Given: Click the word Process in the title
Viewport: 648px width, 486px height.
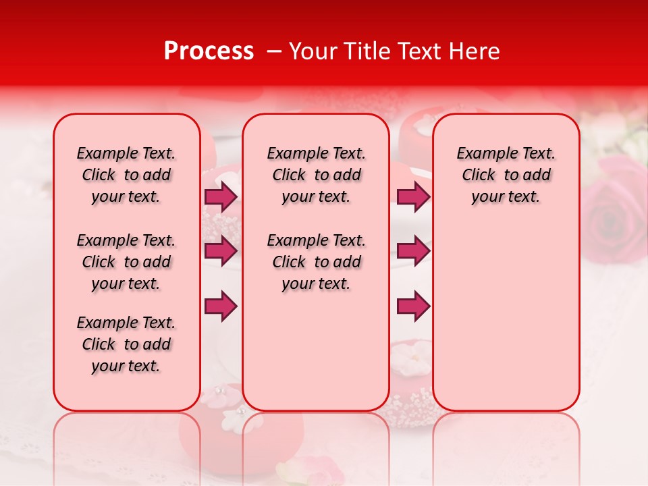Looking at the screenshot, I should pyautogui.click(x=208, y=51).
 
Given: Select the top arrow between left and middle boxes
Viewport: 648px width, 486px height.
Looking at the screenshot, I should pyautogui.click(x=220, y=197).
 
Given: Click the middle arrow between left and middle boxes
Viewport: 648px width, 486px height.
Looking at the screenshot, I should pyautogui.click(x=220, y=251).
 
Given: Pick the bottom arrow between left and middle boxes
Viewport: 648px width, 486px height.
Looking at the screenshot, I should pyautogui.click(x=220, y=306).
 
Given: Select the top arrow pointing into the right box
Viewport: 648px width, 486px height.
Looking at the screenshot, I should pyautogui.click(x=413, y=197).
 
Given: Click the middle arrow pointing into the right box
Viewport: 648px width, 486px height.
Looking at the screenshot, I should pyautogui.click(x=413, y=251).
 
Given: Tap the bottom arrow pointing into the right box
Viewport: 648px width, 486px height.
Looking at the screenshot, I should pyautogui.click(x=413, y=306).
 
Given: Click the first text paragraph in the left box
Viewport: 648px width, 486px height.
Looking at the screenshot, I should pyautogui.click(x=126, y=175).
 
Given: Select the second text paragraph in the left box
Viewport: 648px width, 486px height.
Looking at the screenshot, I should pyautogui.click(x=126, y=262).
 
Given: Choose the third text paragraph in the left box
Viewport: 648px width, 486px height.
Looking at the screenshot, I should pyautogui.click(x=126, y=344).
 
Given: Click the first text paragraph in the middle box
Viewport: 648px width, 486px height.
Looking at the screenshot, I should pyautogui.click(x=316, y=175).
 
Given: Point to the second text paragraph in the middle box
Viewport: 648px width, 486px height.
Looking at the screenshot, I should pyautogui.click(x=316, y=262).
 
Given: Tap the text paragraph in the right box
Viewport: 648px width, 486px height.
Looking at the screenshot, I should pyautogui.click(x=506, y=175).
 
